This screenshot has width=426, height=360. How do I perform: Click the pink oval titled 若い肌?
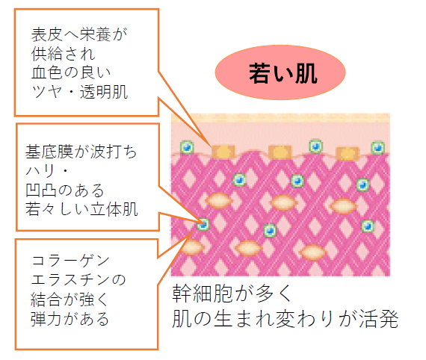pyautogui.click(x=280, y=72)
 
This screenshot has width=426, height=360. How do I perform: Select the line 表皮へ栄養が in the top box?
pyautogui.click(x=79, y=35)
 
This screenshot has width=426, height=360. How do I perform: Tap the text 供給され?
pyautogui.click(x=63, y=54)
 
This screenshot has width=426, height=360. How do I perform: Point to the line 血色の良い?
pyautogui.click(x=71, y=72)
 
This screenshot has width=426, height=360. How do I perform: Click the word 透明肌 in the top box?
pyautogui.click(x=104, y=92)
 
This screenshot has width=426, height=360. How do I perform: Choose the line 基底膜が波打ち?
pyautogui.click(x=81, y=151)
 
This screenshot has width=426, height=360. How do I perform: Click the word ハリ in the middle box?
pyautogui.click(x=40, y=170)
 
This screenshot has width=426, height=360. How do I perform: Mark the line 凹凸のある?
pyautogui.click(x=65, y=190)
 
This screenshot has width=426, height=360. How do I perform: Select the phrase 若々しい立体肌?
pyautogui.click(x=81, y=209)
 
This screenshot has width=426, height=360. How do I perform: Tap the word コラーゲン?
pyautogui.click(x=70, y=261)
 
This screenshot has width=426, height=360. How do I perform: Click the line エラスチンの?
pyautogui.click(x=78, y=280)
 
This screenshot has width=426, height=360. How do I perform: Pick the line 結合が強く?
pyautogui.click(x=70, y=300)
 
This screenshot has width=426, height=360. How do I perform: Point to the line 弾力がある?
pyautogui.click(x=70, y=319)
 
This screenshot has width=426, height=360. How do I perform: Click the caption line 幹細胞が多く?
pyautogui.click(x=232, y=294)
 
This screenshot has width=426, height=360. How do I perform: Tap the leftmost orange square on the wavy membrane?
pyautogui.click(x=223, y=152)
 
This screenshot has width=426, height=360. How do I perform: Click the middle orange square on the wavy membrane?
pyautogui.click(x=280, y=152)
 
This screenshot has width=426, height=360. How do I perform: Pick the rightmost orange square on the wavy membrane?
pyautogui.click(x=348, y=154)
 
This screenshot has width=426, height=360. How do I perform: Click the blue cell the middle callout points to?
pyautogui.click(x=203, y=225)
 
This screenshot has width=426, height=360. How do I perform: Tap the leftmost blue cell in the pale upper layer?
pyautogui.click(x=187, y=147)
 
